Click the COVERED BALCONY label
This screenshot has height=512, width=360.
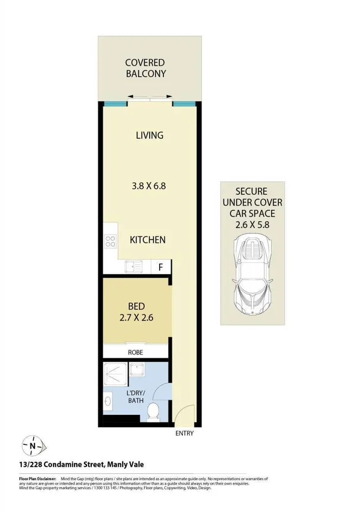[x=145, y=68]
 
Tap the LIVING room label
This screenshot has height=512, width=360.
[x=149, y=135]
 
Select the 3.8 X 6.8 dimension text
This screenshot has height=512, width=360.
[x=148, y=185]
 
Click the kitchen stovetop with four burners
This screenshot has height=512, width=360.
[x=110, y=241]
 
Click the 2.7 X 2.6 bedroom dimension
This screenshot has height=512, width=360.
[x=136, y=317]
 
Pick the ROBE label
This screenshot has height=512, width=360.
[x=136, y=352]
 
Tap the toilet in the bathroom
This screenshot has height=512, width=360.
[x=153, y=410]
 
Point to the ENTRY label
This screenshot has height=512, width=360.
[x=185, y=433]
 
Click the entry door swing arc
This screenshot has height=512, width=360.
[x=185, y=412]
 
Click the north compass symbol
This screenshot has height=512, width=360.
[x=33, y=445]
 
